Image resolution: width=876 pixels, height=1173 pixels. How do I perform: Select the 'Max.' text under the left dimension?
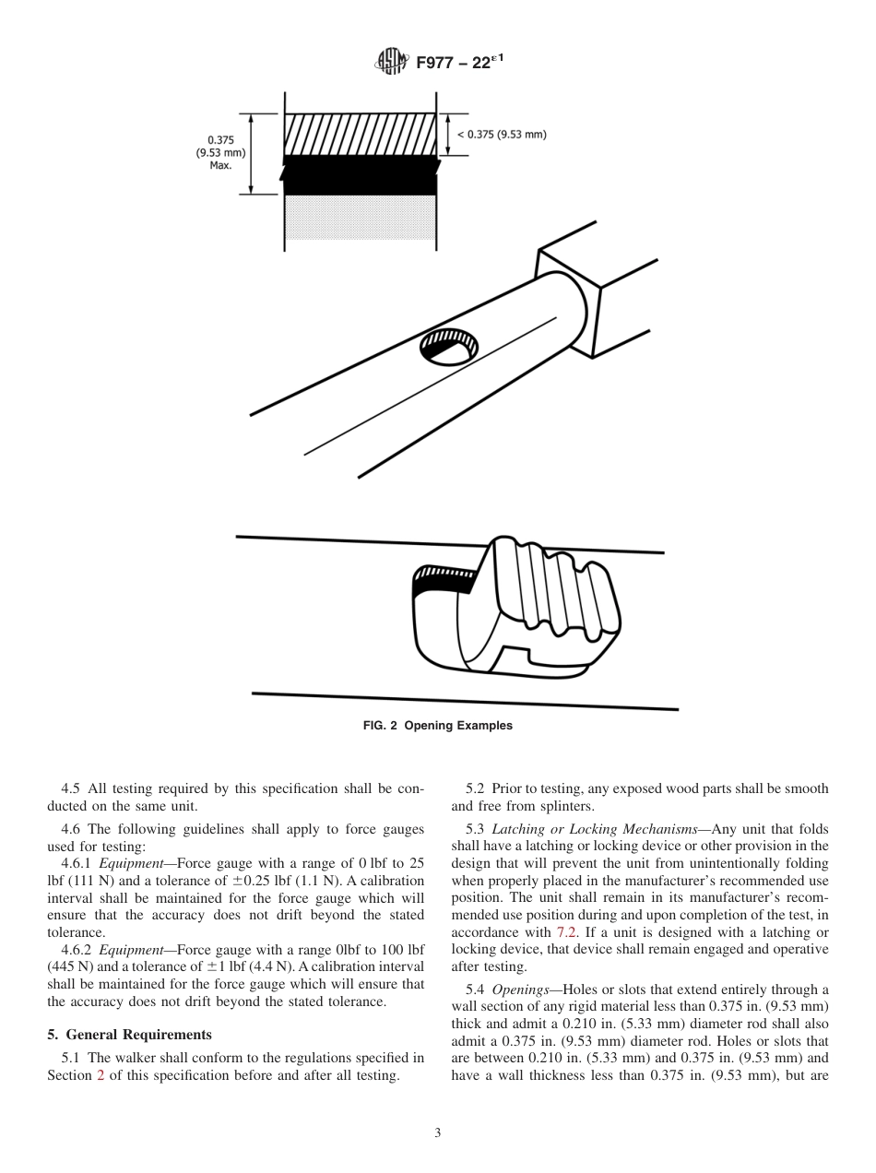point(219,167)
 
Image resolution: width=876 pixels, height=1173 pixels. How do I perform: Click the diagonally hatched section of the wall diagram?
point(359,135)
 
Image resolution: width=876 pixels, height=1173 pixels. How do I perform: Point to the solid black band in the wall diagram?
point(359,176)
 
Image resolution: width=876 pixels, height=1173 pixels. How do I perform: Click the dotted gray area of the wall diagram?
point(359,218)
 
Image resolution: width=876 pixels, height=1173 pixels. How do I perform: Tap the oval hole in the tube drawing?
point(449,347)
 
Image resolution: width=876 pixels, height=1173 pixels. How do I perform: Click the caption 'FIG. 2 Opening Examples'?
point(437,726)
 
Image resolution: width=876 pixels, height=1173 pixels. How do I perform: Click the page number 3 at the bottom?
point(438,1133)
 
